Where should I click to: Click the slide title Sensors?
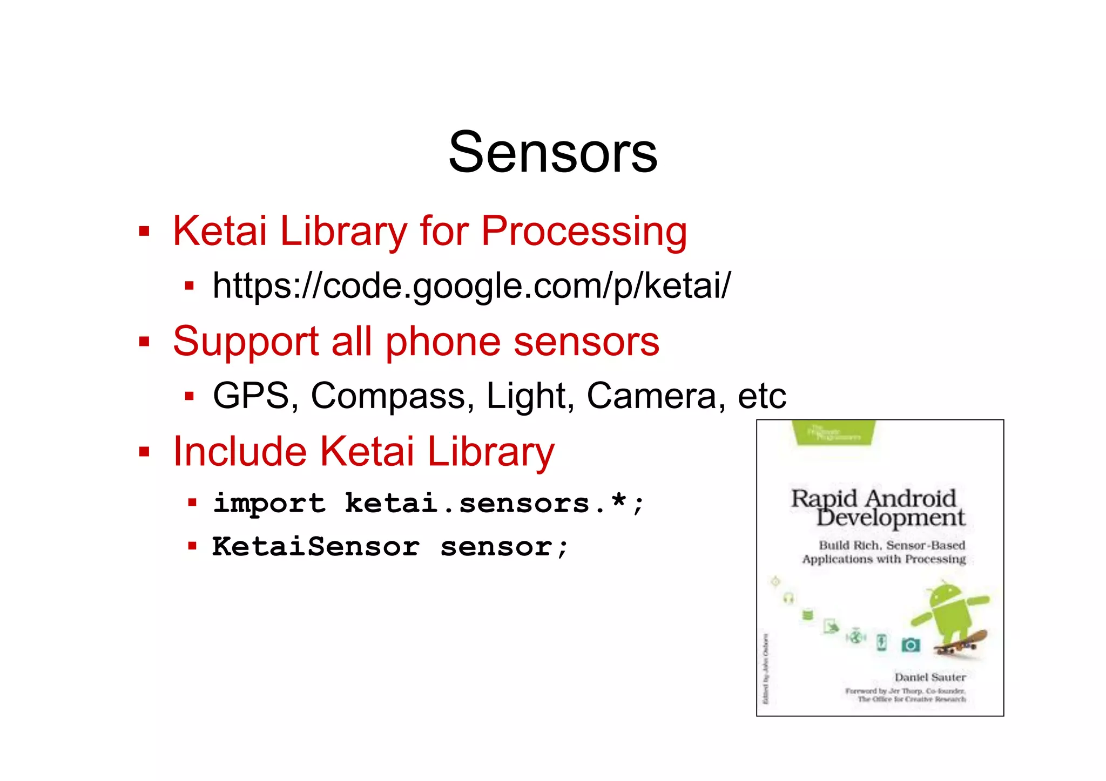click(x=552, y=153)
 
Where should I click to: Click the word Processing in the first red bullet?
click(x=584, y=232)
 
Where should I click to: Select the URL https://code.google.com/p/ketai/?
click(x=471, y=286)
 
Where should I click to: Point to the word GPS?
click(x=251, y=396)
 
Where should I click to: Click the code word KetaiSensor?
click(x=316, y=547)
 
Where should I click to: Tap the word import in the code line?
click(x=269, y=504)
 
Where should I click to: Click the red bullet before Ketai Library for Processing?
click(x=144, y=232)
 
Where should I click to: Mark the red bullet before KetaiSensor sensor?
click(x=192, y=546)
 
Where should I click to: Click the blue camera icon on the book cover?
click(x=911, y=644)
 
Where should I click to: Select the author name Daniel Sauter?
click(x=930, y=677)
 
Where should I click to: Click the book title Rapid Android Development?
click(x=878, y=508)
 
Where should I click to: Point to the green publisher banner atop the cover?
click(x=834, y=433)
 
